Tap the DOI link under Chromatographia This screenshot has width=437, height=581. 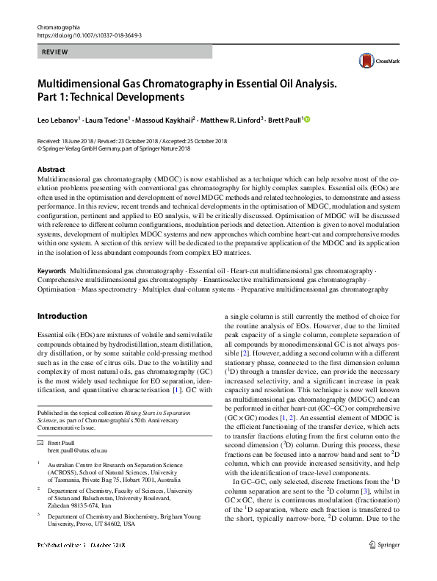click(x=89, y=35)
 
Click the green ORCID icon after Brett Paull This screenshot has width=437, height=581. click(x=308, y=119)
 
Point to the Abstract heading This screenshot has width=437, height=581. click(x=51, y=169)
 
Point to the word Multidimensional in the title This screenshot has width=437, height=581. click(x=86, y=84)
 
